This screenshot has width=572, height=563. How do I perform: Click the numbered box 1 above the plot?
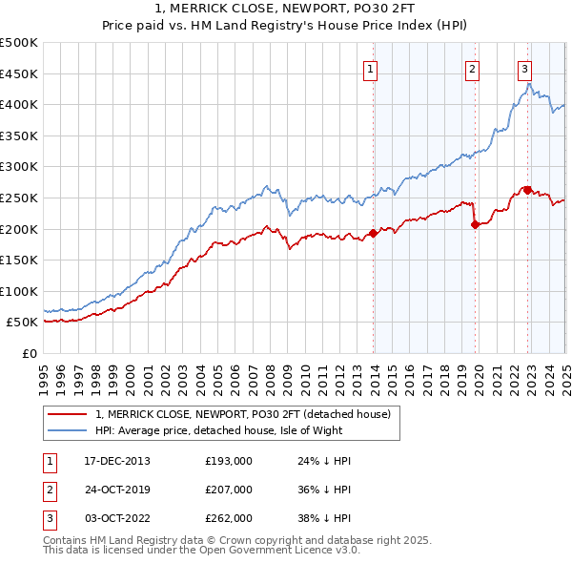click(369, 68)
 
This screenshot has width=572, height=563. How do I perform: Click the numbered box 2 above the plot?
click(472, 68)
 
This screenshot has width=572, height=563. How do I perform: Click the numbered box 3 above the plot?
click(524, 68)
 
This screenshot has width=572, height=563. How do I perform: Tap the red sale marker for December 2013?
click(373, 233)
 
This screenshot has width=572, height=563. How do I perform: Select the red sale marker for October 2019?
click(475, 224)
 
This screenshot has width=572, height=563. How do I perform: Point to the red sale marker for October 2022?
click(527, 190)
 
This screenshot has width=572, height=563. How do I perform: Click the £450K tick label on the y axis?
click(19, 73)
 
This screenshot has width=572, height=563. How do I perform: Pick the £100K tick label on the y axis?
click(19, 291)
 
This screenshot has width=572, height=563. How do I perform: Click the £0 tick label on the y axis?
click(29, 353)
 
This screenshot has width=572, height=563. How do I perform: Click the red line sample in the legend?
click(66, 414)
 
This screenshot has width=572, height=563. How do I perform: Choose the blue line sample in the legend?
click(66, 430)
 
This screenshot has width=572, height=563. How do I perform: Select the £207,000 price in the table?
click(228, 490)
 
